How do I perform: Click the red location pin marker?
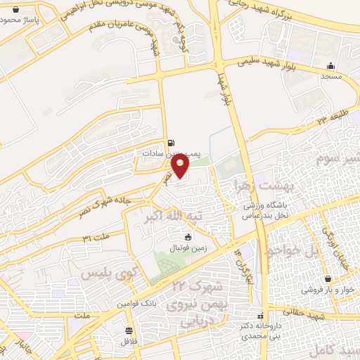point(181,166)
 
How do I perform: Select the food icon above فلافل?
point(128,330)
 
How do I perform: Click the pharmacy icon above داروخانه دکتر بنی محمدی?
point(261,316)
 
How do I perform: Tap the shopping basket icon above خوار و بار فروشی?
point(326,278)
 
